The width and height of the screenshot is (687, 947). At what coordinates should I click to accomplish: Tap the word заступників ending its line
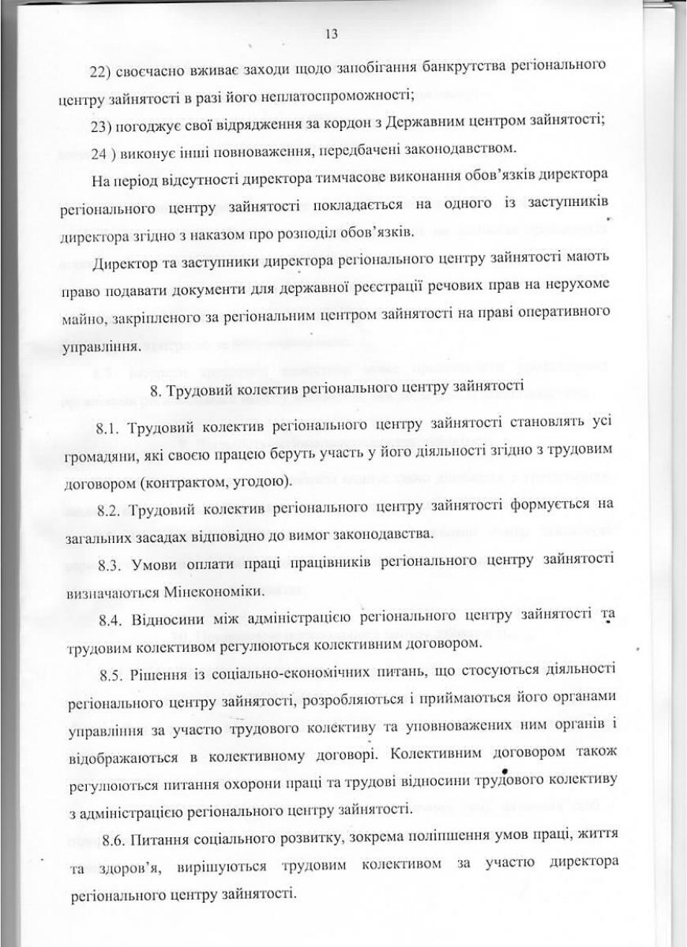(566, 206)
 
